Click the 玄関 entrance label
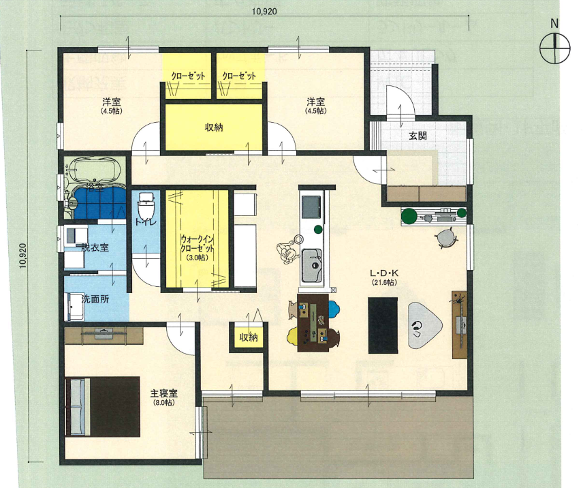pyautogui.click(x=417, y=136)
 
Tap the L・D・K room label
pyautogui.click(x=384, y=273)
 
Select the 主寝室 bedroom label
pyautogui.click(x=163, y=393)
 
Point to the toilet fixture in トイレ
pyautogui.click(x=146, y=206)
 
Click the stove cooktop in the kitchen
pyautogui.click(x=311, y=207)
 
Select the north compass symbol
pyautogui.click(x=555, y=48)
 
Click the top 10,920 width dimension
pyautogui.click(x=264, y=11)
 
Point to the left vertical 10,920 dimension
pyautogui.click(x=23, y=256)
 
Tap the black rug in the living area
pyautogui.click(x=383, y=325)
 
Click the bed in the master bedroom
pyautogui.click(x=102, y=406)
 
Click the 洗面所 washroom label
pyautogui.click(x=95, y=299)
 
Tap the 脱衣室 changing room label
pyautogui.click(x=95, y=247)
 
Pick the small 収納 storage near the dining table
pyautogui.click(x=249, y=337)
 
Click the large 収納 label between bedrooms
pyautogui.click(x=214, y=127)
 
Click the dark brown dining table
pyautogui.click(x=313, y=323)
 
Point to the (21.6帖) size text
pyautogui.click(x=384, y=283)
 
